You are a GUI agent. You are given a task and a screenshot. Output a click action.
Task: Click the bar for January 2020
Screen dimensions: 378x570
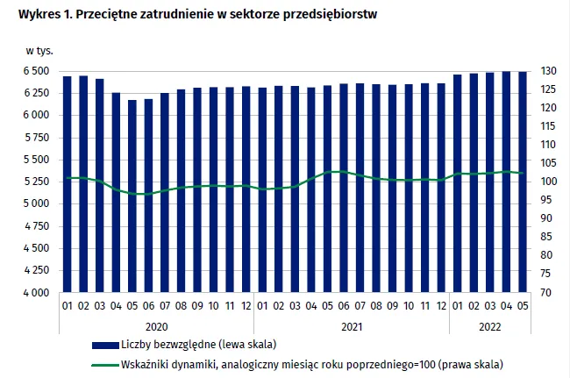(x=68, y=184)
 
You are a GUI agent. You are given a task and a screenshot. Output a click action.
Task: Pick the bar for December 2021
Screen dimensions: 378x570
(x=441, y=188)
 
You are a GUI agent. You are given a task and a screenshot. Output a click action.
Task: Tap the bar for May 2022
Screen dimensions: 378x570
(x=523, y=182)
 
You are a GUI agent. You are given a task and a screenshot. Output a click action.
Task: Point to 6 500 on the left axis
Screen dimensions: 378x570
(x=36, y=71)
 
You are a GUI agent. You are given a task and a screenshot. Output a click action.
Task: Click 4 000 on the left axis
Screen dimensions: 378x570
(x=36, y=293)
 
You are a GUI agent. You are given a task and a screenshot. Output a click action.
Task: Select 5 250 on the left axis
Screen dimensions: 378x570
(x=36, y=182)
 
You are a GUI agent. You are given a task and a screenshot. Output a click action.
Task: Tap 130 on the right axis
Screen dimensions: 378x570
(x=547, y=71)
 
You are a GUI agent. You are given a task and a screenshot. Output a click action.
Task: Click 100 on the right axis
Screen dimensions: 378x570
(x=547, y=182)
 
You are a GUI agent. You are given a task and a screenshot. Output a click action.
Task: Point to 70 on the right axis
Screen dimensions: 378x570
(x=545, y=293)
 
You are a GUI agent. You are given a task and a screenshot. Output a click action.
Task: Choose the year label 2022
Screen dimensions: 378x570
(x=490, y=325)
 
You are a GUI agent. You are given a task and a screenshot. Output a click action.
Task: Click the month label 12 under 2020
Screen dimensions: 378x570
(x=246, y=305)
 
